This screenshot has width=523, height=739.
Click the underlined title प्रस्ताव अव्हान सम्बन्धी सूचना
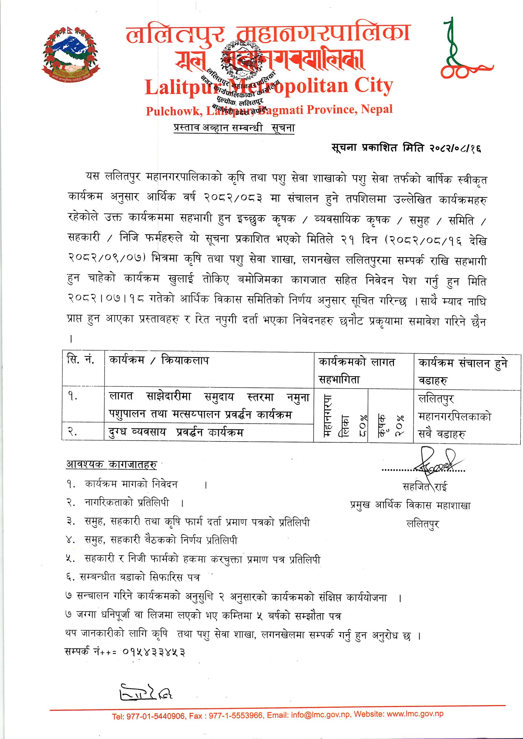[234, 128]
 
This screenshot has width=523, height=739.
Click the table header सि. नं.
[81, 360]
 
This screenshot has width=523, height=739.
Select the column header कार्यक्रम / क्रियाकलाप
[159, 361]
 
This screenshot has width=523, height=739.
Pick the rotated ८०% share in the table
[361, 423]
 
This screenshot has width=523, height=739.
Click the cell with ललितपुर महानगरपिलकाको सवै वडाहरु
[454, 417]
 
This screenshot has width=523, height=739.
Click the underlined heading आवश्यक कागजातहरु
[112, 464]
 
